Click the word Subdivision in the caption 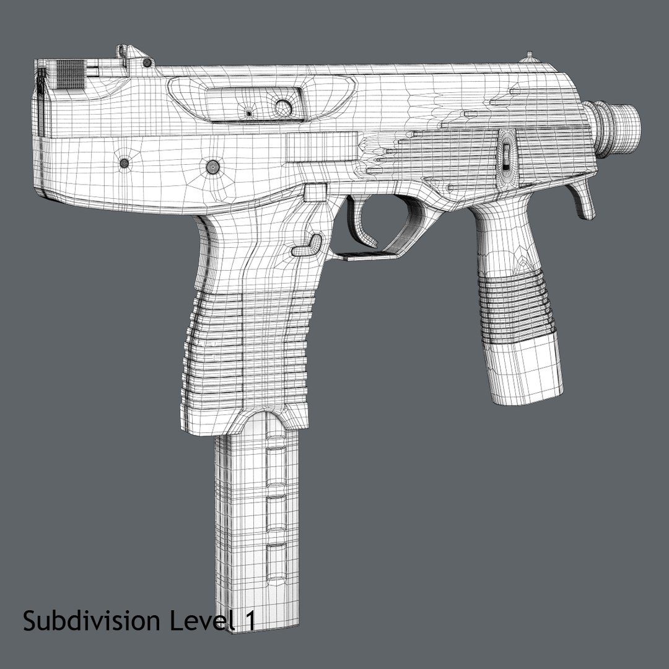pos(89,621)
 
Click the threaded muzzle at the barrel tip pos(620,126)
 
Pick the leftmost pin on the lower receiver pos(124,164)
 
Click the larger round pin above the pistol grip pos(212,166)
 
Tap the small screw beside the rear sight pos(147,63)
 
